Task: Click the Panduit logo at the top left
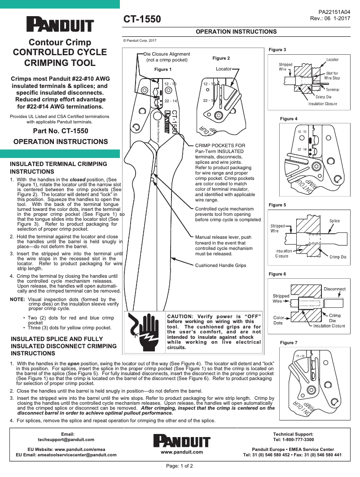[60, 25]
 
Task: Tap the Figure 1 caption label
[162, 70]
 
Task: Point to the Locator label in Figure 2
[224, 69]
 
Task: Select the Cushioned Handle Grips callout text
[220, 266]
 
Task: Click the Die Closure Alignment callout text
[167, 57]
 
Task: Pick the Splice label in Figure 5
[334, 221]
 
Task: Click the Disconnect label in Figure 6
[334, 289]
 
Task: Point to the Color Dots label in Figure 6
[278, 320]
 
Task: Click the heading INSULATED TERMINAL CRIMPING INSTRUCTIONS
[58, 168]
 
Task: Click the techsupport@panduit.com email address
[66, 440]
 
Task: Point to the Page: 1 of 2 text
[180, 466]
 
